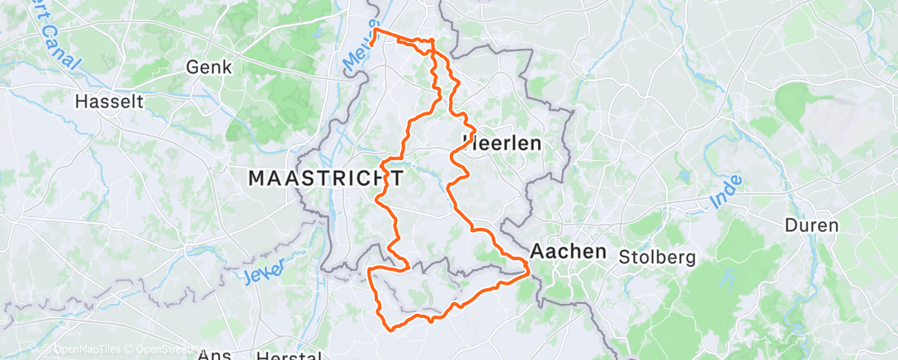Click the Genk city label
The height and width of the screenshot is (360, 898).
(x=210, y=67)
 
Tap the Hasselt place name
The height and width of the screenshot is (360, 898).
(x=109, y=102)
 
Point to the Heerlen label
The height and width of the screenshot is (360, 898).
(x=502, y=143)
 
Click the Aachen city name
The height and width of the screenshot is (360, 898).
(x=570, y=251)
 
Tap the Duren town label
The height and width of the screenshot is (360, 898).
(x=811, y=225)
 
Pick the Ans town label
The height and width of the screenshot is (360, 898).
(x=215, y=355)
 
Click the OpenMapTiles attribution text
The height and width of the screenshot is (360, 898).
(x=82, y=349)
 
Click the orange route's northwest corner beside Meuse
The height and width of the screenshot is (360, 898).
(x=376, y=31)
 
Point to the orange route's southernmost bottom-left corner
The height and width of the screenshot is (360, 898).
(x=390, y=328)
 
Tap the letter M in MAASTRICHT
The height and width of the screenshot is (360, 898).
(x=257, y=178)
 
